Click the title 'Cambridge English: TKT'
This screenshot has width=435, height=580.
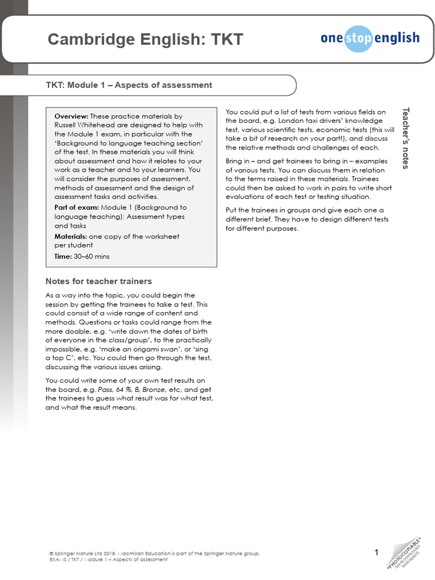[145, 40]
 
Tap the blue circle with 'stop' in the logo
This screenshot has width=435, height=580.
[359, 39]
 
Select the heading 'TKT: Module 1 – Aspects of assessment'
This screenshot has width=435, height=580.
[129, 86]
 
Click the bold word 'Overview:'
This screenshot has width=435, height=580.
[71, 116]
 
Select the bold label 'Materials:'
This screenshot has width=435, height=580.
[71, 236]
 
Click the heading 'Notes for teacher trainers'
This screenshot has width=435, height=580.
[99, 282]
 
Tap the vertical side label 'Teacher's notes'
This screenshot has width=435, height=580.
[405, 138]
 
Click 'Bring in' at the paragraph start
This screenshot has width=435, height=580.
[238, 161]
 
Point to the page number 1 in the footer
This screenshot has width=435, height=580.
[377, 552]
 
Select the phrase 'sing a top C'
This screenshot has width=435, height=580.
[68, 354]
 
